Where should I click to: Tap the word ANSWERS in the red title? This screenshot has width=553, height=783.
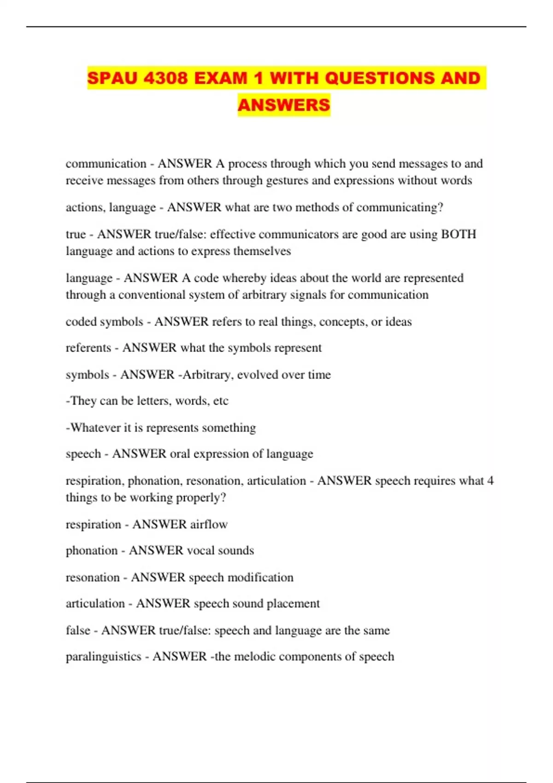pos(284,105)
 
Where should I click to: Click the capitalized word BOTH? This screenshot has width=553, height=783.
pos(459,234)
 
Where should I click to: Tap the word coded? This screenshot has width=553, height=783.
pos(81,321)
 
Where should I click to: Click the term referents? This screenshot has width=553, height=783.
pos(88,348)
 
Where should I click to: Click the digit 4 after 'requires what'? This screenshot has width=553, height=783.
pos(490,480)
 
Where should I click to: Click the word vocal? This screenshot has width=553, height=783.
pos(200,550)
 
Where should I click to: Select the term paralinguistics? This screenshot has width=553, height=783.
pos(103,656)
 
